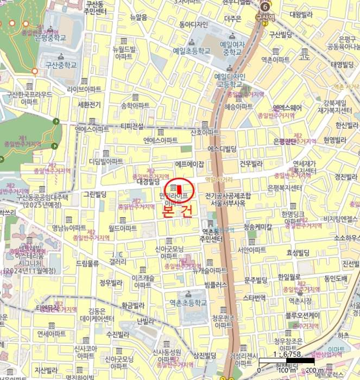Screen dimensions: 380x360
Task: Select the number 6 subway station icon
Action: pyautogui.click(x=264, y=7)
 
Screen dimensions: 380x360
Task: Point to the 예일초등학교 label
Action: pyautogui.click(x=191, y=50)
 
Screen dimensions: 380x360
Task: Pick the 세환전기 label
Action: pyautogui.click(x=90, y=104)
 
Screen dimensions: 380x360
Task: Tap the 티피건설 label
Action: pyautogui.click(x=132, y=126)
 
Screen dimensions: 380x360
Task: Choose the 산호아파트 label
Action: pyautogui.click(x=205, y=132)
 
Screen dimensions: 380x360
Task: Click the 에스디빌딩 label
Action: pyautogui.click(x=222, y=149)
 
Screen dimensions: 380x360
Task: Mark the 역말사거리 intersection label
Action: pyautogui.click(x=219, y=180)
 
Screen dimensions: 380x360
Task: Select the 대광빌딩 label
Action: pyautogui.click(x=147, y=182)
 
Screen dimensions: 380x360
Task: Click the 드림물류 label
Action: pyautogui.click(x=87, y=263)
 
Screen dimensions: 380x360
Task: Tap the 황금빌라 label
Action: pyautogui.click(x=133, y=306)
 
